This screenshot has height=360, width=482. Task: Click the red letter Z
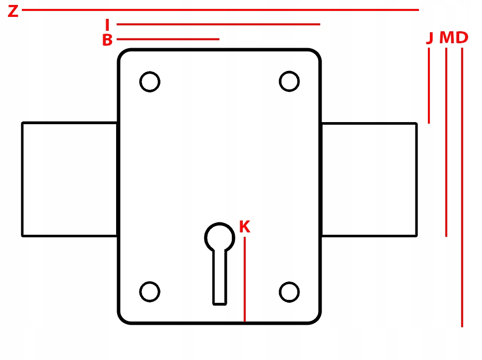coord(13,11)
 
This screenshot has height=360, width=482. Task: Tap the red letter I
coord(107,24)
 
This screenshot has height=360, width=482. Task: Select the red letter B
coord(107,40)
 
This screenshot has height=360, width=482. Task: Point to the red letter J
coord(430,38)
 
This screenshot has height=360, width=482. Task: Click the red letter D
coord(462,38)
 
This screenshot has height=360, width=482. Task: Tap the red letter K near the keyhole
coord(244,227)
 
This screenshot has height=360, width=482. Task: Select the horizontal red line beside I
coord(218,24)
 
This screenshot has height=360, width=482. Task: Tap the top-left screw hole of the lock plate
coord(149,81)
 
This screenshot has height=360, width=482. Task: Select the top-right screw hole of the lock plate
coord(289,81)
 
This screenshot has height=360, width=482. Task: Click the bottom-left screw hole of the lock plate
coord(149,291)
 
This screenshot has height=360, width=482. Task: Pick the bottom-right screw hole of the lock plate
coord(289,291)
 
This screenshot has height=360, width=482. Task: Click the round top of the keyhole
coord(219,236)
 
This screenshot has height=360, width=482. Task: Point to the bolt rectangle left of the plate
coord(69,179)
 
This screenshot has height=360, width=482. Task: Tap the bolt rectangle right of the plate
coord(369,179)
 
